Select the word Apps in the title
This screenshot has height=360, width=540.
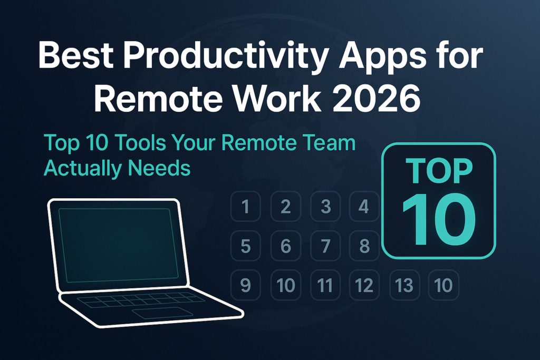(360, 56)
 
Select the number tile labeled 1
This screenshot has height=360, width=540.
(245, 206)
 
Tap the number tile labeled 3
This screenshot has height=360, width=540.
(325, 206)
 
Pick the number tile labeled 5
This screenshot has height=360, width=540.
(245, 246)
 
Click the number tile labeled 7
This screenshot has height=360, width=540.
(325, 246)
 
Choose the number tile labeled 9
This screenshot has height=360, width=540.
(245, 285)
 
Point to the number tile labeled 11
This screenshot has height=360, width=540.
(325, 285)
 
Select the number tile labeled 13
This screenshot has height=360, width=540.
(404, 285)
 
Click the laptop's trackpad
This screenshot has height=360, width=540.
(162, 313)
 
